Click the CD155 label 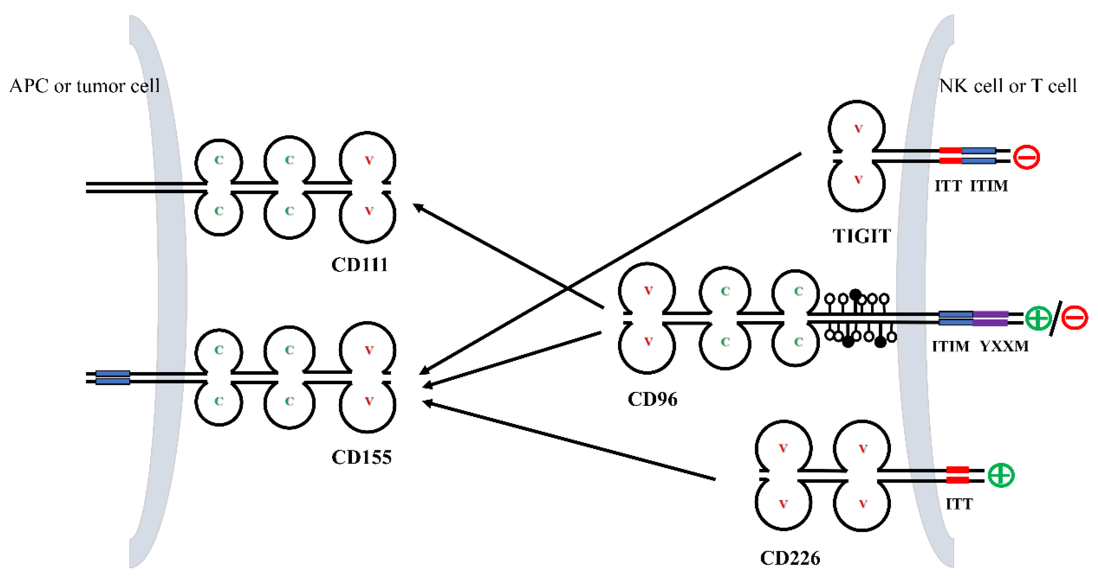click(362, 458)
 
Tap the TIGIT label click(862, 236)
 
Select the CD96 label click(652, 399)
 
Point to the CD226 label click(790, 558)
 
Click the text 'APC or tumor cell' click(84, 86)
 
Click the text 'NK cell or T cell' click(1008, 86)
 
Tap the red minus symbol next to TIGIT click(1026, 157)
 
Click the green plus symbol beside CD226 click(1001, 475)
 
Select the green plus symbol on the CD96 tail click(1038, 318)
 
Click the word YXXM click(1004, 346)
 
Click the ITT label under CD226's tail click(959, 505)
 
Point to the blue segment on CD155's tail click(112, 377)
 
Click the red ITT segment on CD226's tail click(957, 475)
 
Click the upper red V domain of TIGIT click(858, 129)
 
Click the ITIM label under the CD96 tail click(950, 346)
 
